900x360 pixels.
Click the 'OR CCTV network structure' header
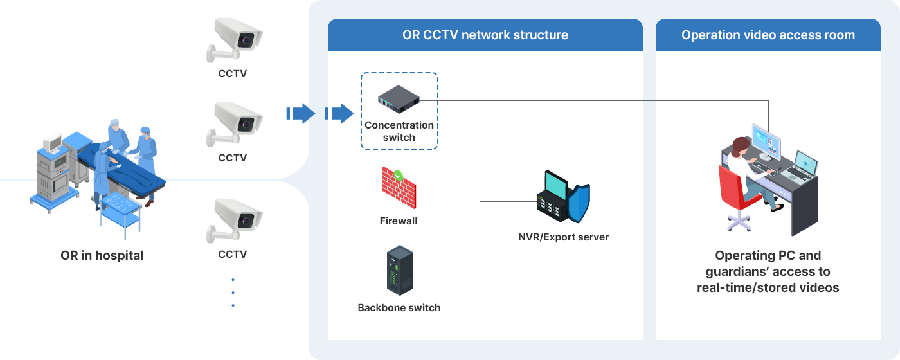coord(485,35)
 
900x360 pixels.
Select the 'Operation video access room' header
coord(768,35)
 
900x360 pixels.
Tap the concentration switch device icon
coord(399,98)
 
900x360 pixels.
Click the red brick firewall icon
coord(398,188)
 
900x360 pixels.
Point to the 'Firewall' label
coord(399,221)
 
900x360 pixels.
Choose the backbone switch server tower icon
coord(399,271)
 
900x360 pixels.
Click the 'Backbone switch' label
coord(399,308)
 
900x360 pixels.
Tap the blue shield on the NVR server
coord(579,203)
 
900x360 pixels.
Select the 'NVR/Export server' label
coord(564,237)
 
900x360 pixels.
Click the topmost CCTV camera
coord(235,39)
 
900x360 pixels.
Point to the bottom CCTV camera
coord(235,219)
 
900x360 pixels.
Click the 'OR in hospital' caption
coord(102,256)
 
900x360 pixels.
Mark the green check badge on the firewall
coord(399,174)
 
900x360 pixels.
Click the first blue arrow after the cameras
coord(300,114)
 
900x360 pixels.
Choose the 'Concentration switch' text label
coord(399,131)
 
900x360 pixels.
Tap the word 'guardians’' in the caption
coord(740,272)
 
